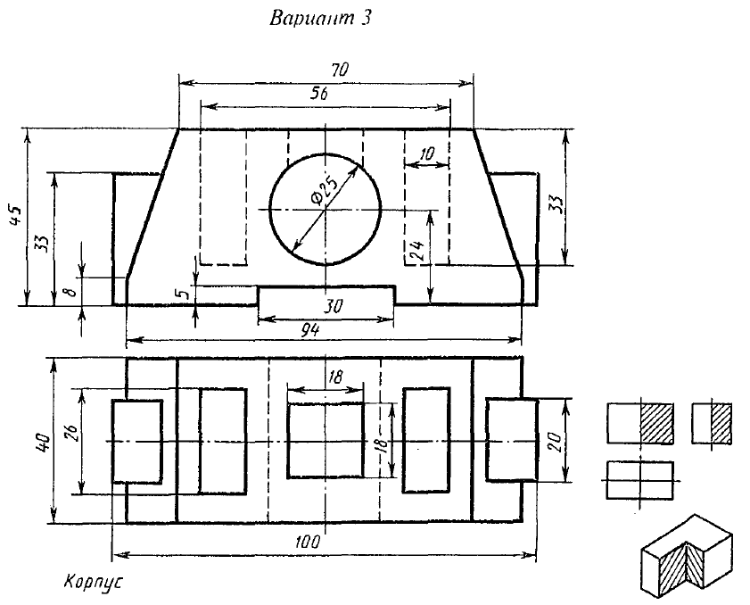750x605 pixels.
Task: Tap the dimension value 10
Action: coord(426,154)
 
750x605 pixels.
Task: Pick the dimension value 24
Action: coord(416,251)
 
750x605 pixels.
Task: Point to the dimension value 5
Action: coord(182,293)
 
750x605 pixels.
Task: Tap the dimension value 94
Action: coord(311,329)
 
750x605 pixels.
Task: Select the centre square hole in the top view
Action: coord(325,441)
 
